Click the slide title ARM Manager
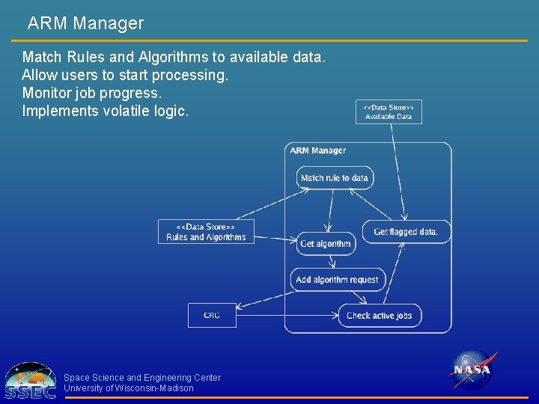pyautogui.click(x=85, y=23)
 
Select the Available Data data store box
pyautogui.click(x=389, y=111)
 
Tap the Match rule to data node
pyautogui.click(x=334, y=178)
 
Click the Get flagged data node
pyautogui.click(x=406, y=232)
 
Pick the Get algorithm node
pyautogui.click(x=325, y=244)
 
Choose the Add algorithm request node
pyautogui.click(x=338, y=280)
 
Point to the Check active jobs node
pyautogui.click(x=380, y=316)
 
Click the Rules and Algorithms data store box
pyautogui.click(x=206, y=232)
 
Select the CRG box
pyautogui.click(x=212, y=316)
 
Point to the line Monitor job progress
pyautogui.click(x=91, y=94)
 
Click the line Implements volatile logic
pyautogui.click(x=106, y=111)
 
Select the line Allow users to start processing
pyautogui.click(x=125, y=76)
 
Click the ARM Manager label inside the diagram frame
pyautogui.click(x=318, y=150)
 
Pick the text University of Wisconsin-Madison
pyautogui.click(x=129, y=388)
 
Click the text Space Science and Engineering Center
pyautogui.click(x=142, y=378)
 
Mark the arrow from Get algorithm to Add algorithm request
pyautogui.click(x=331, y=261)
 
